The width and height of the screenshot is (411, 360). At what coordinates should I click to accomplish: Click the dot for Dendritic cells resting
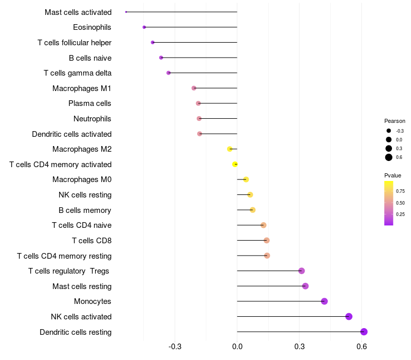[364, 332]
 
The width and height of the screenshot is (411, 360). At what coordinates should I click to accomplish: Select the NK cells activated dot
[349, 316]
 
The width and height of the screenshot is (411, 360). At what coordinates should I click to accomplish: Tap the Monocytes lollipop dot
[324, 301]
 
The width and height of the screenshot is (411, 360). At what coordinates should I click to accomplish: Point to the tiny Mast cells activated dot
[126, 12]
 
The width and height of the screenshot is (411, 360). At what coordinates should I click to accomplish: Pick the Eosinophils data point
[144, 27]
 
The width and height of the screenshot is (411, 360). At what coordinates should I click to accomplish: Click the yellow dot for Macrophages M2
[230, 149]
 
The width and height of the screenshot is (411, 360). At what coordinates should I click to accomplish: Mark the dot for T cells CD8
[266, 240]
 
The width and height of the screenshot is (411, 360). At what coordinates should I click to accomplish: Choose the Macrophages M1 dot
[194, 88]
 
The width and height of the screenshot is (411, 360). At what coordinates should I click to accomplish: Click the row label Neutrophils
[92, 119]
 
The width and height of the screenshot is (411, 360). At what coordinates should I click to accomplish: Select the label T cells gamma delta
[78, 73]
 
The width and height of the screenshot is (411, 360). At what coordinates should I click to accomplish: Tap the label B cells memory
[85, 210]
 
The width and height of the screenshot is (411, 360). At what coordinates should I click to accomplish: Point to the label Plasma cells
[90, 103]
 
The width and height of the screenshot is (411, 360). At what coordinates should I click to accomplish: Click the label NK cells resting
[85, 195]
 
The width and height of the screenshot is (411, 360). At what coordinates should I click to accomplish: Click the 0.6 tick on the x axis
[362, 347]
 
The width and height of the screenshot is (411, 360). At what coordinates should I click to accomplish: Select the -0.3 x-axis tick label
[175, 347]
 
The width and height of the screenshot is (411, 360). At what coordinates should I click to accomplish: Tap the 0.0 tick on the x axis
[237, 347]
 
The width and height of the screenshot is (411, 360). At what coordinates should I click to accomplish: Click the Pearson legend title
[395, 121]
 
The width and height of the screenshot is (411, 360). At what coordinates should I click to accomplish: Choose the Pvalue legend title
[393, 175]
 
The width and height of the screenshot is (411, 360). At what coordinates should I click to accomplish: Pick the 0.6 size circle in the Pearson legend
[389, 157]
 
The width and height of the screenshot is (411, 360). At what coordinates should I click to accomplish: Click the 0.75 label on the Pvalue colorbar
[401, 191]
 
